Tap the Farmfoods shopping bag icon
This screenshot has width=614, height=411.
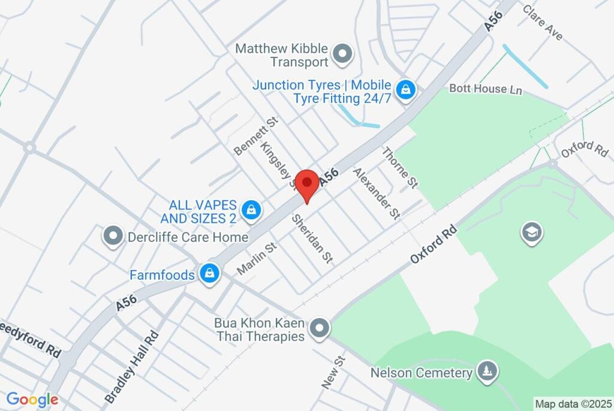(x=210, y=274)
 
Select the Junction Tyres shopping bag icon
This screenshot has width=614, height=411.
(x=406, y=90)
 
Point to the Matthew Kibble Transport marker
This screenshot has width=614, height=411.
(x=343, y=54)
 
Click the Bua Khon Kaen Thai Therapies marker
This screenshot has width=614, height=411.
(x=319, y=328)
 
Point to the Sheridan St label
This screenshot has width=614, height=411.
(x=312, y=238)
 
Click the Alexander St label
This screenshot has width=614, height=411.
(x=376, y=193)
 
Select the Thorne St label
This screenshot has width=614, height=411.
(x=400, y=168)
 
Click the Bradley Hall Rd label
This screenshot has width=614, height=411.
(x=132, y=367)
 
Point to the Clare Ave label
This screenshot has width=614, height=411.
(x=543, y=23)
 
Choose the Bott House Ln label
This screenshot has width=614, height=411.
(x=486, y=89)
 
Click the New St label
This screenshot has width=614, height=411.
(x=333, y=372)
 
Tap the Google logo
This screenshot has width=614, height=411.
(x=32, y=400)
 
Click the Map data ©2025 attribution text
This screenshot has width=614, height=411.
(x=573, y=404)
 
